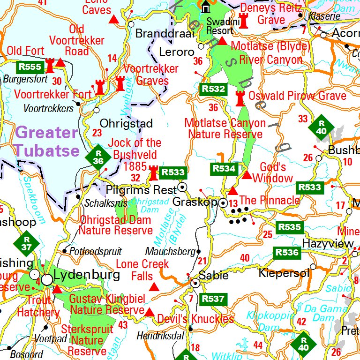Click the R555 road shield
coord(29,66)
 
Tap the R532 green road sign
coord(213,89)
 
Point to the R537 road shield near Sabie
coord(213,299)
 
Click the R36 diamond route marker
coord(98,157)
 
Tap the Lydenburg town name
coord(87,275)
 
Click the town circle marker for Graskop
coord(223,203)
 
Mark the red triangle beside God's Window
coord(247,175)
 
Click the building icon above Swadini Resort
coord(205,8)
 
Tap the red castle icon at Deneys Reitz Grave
coord(243,20)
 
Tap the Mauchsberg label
coord(170,252)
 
